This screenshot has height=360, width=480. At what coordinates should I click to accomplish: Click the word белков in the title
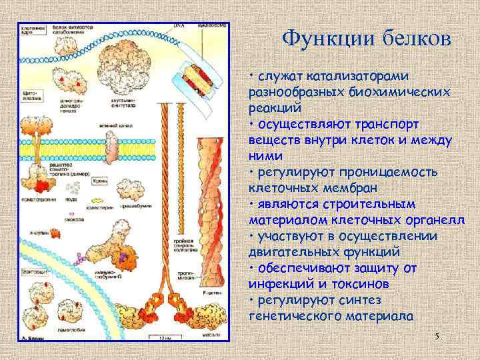[x=412, y=38]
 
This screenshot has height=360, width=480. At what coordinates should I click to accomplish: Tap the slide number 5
[x=437, y=337]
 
